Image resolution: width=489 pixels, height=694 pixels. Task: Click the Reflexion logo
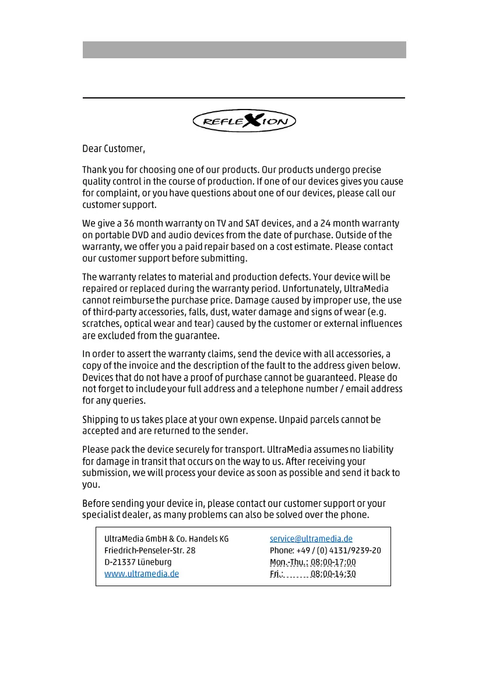tap(244, 121)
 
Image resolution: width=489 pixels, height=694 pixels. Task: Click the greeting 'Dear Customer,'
tap(114, 149)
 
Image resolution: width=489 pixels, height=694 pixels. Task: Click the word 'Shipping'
tap(101, 420)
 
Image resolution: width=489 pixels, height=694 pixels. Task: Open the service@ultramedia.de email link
tap(311, 539)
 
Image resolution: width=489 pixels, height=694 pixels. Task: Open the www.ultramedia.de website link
tap(142, 573)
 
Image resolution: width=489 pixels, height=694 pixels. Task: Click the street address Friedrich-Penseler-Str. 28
tap(150, 551)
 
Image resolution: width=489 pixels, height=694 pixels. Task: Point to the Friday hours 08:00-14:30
tap(333, 574)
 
